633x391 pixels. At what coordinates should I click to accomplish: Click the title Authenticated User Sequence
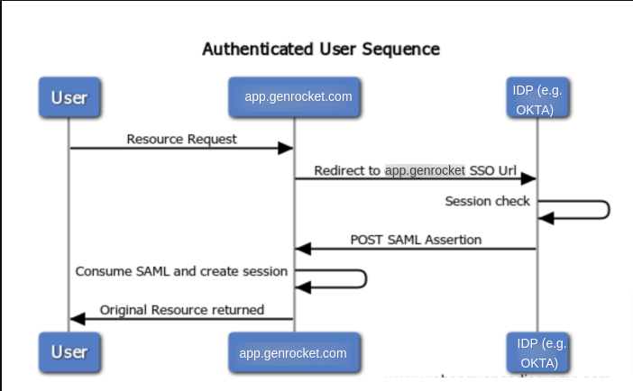click(x=320, y=49)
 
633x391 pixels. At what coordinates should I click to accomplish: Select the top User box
click(x=69, y=97)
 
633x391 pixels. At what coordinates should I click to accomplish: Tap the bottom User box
click(x=69, y=352)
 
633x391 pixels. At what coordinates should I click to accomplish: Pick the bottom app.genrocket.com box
click(x=293, y=353)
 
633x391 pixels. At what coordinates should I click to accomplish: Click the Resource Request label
click(x=181, y=139)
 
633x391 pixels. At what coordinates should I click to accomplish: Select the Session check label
click(x=487, y=201)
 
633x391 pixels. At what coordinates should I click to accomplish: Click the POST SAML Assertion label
click(x=416, y=240)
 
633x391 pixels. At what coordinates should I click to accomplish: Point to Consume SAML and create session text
click(x=181, y=270)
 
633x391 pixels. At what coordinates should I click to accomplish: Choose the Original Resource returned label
click(x=181, y=310)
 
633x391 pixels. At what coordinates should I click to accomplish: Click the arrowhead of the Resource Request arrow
click(x=287, y=148)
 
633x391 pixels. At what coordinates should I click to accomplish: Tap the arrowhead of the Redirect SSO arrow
click(x=530, y=178)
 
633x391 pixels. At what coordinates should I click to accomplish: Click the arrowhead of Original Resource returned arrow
click(x=78, y=318)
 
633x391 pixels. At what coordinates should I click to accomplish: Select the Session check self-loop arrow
click(x=608, y=210)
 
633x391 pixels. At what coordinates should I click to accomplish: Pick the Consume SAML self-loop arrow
click(x=364, y=278)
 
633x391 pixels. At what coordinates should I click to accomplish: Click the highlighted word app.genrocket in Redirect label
click(x=425, y=170)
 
